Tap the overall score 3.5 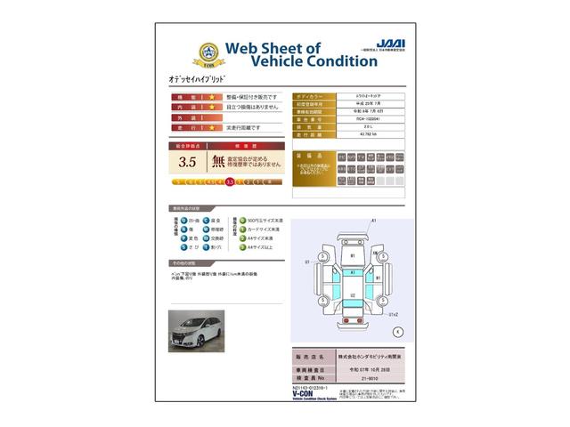187,162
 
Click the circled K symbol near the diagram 397,331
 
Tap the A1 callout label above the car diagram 374,220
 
